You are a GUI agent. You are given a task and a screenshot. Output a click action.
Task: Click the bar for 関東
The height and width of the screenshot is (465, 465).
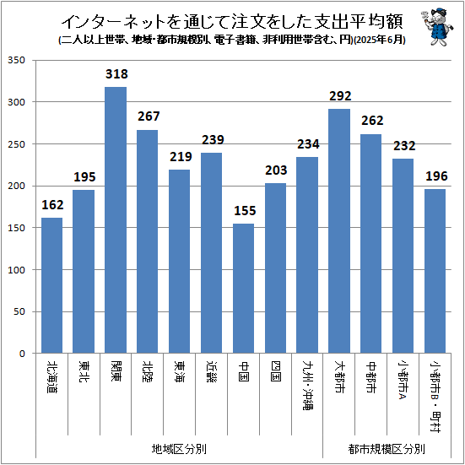pyautogui.click(x=116, y=220)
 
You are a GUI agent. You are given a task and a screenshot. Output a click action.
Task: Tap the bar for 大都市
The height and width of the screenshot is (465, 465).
pyautogui.click(x=339, y=231)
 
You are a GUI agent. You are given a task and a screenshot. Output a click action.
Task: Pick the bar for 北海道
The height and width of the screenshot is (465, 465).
pyautogui.click(x=51, y=286)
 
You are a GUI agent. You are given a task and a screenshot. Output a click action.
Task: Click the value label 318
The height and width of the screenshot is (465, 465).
pyautogui.click(x=116, y=74)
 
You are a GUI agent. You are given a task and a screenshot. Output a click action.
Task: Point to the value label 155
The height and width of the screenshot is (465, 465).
pyautogui.click(x=243, y=211)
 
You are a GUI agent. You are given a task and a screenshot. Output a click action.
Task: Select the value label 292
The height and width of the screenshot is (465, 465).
pyautogui.click(x=339, y=96)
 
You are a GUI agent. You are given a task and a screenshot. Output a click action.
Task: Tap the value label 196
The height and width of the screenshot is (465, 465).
pyautogui.click(x=435, y=177)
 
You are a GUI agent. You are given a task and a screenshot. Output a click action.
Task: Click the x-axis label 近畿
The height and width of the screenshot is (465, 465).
pyautogui.click(x=211, y=371)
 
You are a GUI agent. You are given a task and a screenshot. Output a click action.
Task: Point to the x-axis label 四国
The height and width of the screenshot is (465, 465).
pyautogui.click(x=275, y=371)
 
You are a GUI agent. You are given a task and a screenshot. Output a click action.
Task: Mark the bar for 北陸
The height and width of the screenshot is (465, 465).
pyautogui.click(x=147, y=242)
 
